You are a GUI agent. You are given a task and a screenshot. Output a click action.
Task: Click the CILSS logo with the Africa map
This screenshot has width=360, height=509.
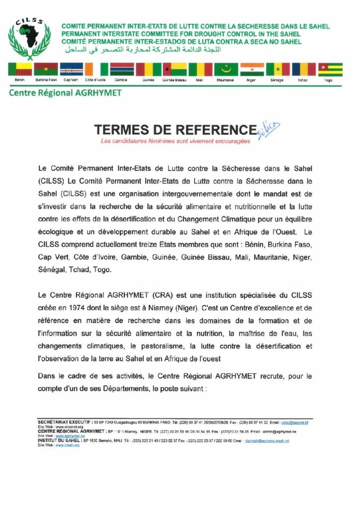[x=30, y=37]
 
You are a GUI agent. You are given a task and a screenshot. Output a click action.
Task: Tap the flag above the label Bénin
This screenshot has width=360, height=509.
[x=20, y=69]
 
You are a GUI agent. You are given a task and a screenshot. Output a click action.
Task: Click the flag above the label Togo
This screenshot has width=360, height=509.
[x=330, y=69]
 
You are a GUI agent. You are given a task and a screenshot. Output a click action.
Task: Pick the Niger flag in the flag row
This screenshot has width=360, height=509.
[x=252, y=69]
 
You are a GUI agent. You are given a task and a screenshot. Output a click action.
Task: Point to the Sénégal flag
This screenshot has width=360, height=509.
[x=278, y=69]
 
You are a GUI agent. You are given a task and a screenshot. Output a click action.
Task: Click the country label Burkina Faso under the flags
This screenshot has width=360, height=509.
[x=46, y=80]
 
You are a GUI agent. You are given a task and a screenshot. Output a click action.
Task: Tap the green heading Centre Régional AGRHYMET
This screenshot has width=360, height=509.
[x=65, y=93]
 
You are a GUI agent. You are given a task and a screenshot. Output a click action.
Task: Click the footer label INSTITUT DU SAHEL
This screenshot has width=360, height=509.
[x=59, y=440]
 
